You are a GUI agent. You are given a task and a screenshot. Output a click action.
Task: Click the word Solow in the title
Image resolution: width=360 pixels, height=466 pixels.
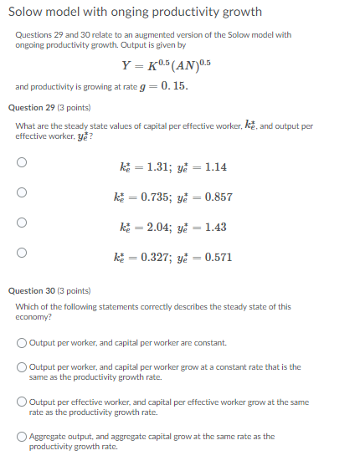pyautogui.click(x=28, y=13)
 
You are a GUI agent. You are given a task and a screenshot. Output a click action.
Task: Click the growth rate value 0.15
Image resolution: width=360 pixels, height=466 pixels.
pyautogui.click(x=175, y=86)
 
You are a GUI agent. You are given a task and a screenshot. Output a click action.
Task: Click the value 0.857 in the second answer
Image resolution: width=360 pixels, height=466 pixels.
pyautogui.click(x=218, y=197)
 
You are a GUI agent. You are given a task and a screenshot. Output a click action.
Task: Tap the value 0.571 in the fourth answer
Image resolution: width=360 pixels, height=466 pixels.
pyautogui.click(x=218, y=257)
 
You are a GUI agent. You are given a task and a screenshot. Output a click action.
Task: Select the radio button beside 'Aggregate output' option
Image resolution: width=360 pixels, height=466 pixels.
pyautogui.click(x=22, y=436)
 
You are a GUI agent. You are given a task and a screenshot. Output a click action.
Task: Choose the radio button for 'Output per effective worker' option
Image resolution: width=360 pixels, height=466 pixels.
pyautogui.click(x=22, y=402)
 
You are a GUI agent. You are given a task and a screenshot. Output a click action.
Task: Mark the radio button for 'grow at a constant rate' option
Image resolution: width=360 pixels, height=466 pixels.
pyautogui.click(x=22, y=367)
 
